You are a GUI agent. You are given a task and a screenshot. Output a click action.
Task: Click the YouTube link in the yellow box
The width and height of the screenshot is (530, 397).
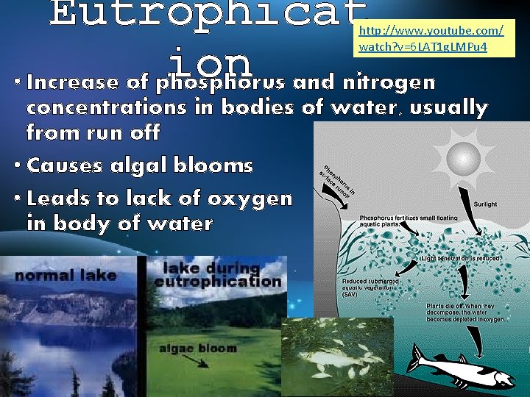pyautogui.click(x=430, y=39)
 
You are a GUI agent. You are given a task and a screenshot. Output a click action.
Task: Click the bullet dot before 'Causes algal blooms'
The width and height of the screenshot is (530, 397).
pyautogui.click(x=16, y=165)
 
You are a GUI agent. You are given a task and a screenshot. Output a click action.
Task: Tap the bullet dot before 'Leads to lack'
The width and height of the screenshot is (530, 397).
pyautogui.click(x=16, y=198)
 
